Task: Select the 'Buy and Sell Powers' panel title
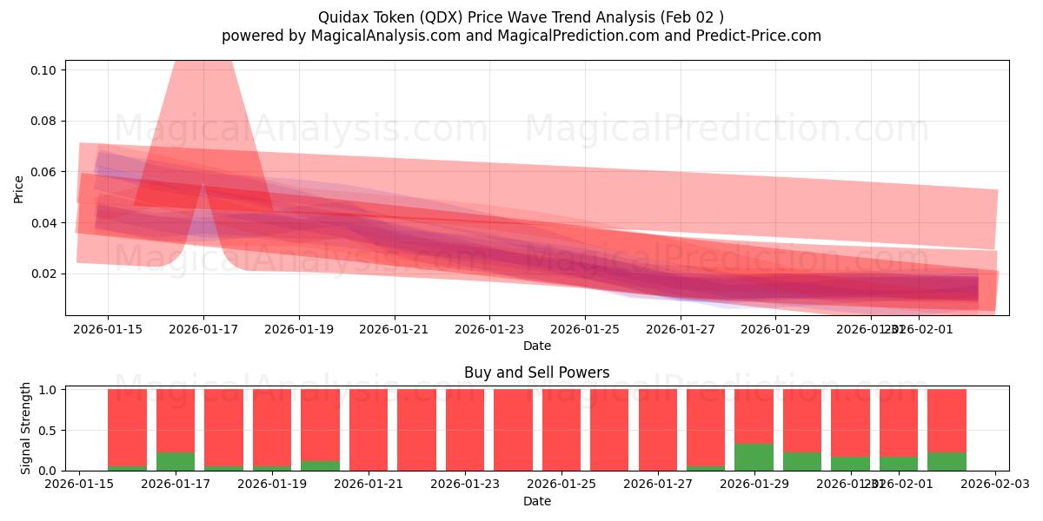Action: (536, 373)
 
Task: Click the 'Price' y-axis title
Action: (18, 188)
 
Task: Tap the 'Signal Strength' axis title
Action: (26, 428)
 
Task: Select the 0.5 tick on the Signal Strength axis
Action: (49, 430)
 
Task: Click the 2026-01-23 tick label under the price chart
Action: (489, 329)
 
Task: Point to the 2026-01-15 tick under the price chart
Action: (108, 329)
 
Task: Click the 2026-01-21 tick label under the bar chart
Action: (369, 484)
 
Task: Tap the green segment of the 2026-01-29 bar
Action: (754, 457)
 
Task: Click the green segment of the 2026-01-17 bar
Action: (176, 461)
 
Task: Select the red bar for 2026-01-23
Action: (465, 430)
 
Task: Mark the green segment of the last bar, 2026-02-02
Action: (947, 461)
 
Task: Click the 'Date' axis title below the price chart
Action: (536, 346)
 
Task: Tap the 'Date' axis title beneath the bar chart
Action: (536, 501)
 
